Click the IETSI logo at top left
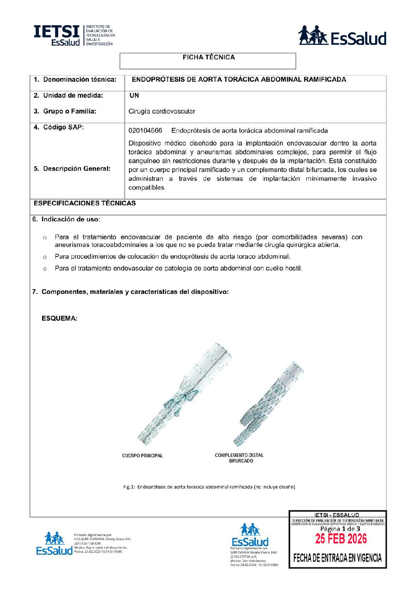pos(74,35)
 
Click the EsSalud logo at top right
pos(342,36)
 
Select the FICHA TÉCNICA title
pos(208,57)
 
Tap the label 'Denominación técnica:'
pos(79,79)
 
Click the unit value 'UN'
pos(134,96)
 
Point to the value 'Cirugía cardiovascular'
pos(162,111)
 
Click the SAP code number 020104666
pos(145,131)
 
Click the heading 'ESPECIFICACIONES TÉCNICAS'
pos(85,203)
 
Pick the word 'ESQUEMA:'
pos(59,318)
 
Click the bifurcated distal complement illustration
pos(269,404)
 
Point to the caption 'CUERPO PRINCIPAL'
pos(142,456)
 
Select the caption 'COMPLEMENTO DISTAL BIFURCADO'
pos(239,458)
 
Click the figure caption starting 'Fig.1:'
pos(209,487)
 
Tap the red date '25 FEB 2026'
pos(341,539)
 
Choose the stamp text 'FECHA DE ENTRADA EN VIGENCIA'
pos(337,558)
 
